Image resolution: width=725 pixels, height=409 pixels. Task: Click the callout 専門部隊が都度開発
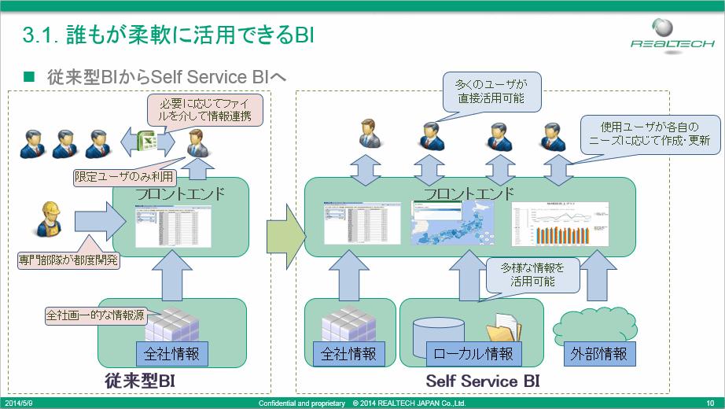pos(68,258)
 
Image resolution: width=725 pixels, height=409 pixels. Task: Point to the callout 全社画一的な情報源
pos(94,317)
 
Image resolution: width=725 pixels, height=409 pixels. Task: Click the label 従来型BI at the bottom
pos(139,381)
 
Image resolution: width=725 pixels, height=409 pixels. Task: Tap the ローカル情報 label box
pos(474,354)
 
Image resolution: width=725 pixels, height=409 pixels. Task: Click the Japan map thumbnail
pos(451,223)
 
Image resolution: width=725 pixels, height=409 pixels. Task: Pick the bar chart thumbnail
pos(560,223)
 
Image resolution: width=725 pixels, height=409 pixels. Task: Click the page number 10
pos(709,403)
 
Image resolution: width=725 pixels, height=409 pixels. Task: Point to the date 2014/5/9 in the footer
pos(20,403)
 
